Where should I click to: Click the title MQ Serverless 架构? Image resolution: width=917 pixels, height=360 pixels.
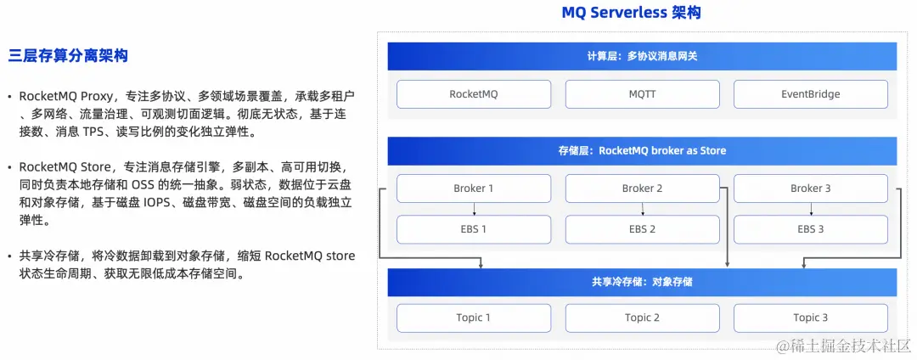click(632, 13)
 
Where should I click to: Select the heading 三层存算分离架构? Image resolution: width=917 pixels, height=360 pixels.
click(68, 57)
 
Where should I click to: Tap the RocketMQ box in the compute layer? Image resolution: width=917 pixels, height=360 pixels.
click(474, 94)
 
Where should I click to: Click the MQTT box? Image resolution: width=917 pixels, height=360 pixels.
click(642, 94)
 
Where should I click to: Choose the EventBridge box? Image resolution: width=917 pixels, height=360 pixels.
click(810, 94)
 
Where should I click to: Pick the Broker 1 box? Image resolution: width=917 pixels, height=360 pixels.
click(474, 188)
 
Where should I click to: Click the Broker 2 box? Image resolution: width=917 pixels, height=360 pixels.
click(642, 188)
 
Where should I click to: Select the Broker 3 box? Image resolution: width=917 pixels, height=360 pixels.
click(810, 188)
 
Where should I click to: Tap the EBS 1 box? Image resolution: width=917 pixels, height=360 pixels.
click(474, 229)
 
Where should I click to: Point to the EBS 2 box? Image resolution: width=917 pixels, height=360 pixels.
click(642, 229)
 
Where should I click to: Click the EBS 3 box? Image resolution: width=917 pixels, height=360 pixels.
click(810, 229)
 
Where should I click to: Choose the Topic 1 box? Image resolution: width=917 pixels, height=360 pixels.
click(474, 318)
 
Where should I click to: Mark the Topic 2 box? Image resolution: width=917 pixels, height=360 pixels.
click(642, 318)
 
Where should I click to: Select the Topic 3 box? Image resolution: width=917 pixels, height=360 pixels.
click(810, 318)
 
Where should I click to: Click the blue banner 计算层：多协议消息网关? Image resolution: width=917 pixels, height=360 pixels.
click(642, 57)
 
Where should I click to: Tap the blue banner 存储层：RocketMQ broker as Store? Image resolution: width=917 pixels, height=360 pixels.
click(642, 151)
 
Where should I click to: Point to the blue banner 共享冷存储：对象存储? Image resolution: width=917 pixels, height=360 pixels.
click(642, 282)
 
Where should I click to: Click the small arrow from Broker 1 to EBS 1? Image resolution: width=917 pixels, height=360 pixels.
click(474, 209)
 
